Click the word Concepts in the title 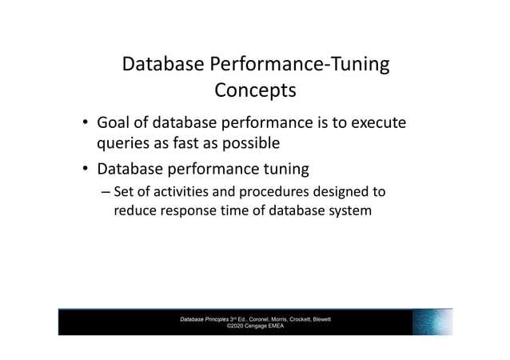[x=255, y=91]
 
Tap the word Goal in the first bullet [x=114, y=124]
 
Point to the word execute [x=374, y=124]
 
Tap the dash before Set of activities [x=106, y=193]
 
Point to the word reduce [x=137, y=213]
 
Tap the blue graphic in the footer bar [x=432, y=321]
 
